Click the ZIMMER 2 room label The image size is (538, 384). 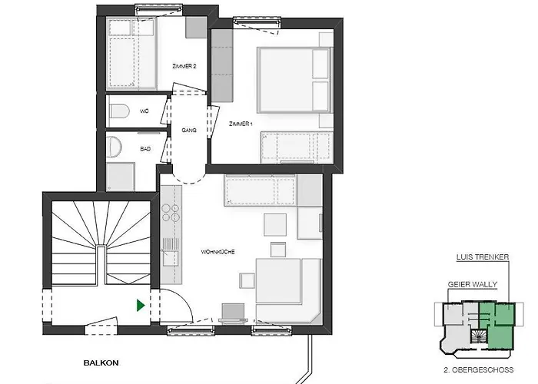(184, 67)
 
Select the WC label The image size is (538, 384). (144, 112)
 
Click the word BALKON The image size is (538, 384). (101, 359)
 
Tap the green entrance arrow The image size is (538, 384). (139, 305)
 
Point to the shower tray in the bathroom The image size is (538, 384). (120, 177)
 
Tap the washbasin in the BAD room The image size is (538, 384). (114, 146)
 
